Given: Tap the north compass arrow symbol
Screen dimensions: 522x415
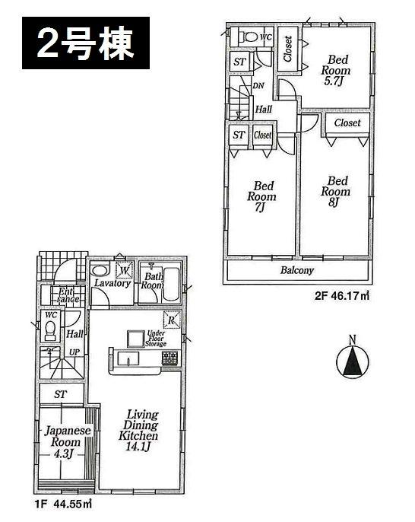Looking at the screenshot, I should coord(353,364).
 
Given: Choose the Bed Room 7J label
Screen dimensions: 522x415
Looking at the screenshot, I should coord(264,196).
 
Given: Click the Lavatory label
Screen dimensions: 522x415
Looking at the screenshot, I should coord(113,285).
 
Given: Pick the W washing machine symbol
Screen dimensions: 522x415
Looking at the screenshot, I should coord(123,269).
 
